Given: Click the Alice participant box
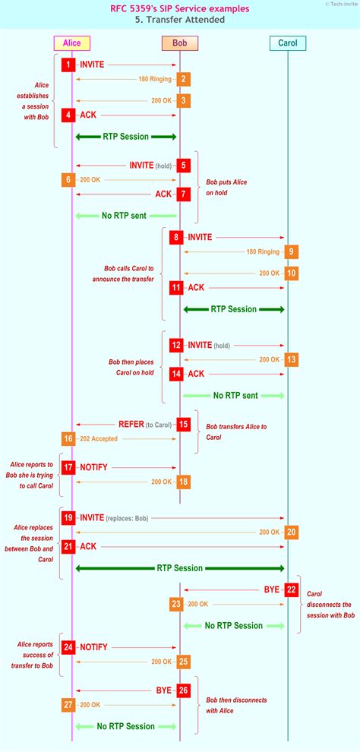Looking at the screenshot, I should coord(72,43).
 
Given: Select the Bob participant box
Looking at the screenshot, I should coord(180,43).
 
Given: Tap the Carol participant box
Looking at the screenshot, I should coord(288,43).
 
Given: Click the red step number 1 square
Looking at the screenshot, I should coord(69,65).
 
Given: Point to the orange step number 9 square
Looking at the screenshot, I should coord(291,251).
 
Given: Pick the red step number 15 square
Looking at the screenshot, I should coord(183,425).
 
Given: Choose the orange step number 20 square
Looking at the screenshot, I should coord(291,532).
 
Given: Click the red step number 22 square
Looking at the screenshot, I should coord(291,589).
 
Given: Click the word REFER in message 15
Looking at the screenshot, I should coord(131,425).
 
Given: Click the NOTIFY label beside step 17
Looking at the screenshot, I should coord(94,468).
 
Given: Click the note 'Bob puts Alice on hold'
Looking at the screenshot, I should coord(226,187).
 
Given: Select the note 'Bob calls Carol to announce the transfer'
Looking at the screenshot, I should coord(128,273).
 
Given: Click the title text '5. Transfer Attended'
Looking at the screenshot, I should coord(179,20).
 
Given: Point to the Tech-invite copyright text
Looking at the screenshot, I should coord(342,4).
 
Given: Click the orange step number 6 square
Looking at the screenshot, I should coord(69,179).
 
